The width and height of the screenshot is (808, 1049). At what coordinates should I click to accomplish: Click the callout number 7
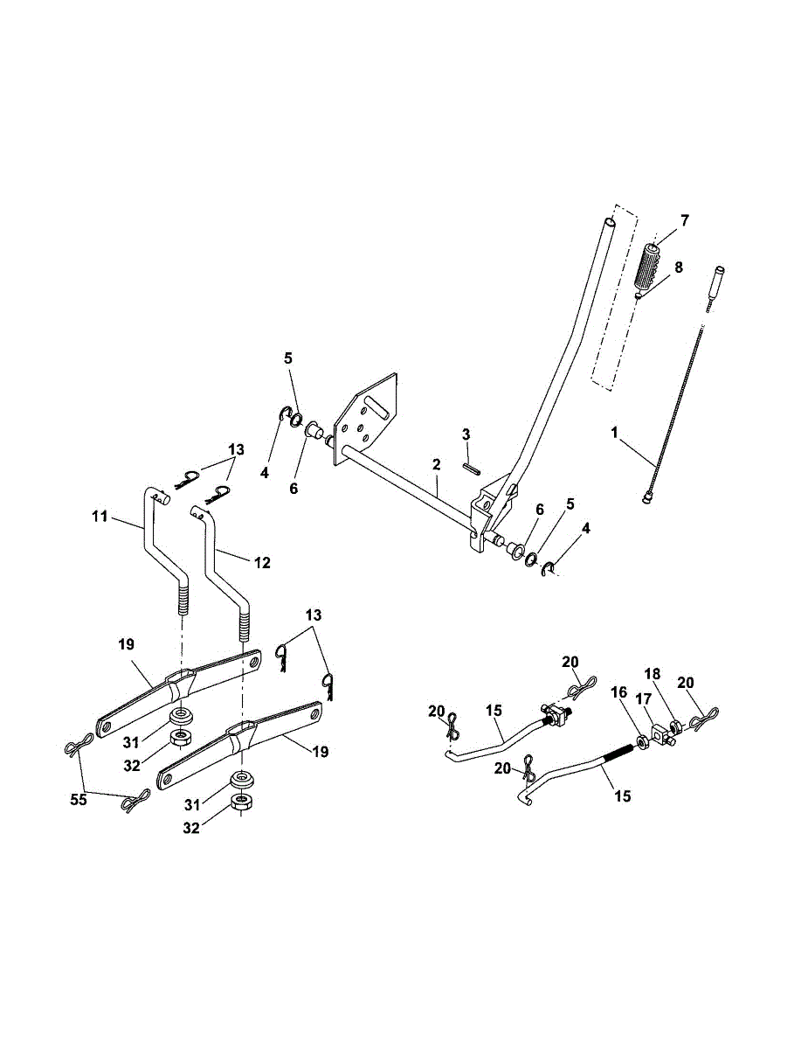[684, 220]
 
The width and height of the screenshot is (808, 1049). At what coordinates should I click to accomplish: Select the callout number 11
[100, 517]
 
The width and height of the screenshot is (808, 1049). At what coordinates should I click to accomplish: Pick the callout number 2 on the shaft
[436, 467]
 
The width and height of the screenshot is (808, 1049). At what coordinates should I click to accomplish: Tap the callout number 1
[615, 432]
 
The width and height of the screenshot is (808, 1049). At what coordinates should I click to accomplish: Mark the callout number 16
[619, 691]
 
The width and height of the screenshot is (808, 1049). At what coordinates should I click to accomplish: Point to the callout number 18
[677, 674]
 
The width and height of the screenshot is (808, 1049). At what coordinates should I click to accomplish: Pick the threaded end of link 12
[243, 625]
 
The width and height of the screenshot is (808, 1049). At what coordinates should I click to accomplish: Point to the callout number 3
[466, 434]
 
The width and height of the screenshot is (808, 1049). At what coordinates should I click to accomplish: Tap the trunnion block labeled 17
[661, 731]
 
